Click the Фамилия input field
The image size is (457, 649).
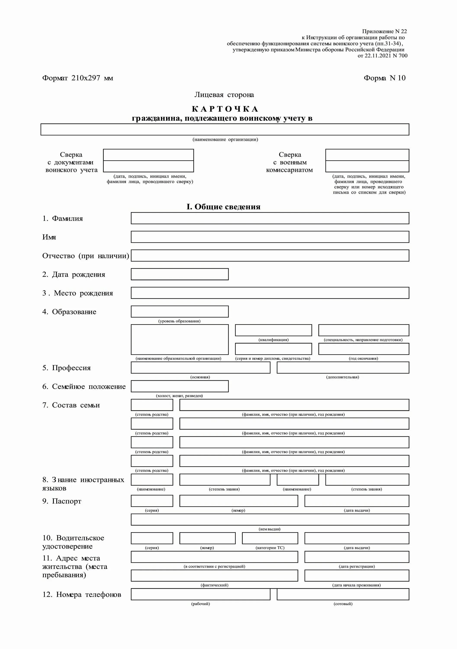pos(270,218)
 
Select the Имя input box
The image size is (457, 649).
pos(270,237)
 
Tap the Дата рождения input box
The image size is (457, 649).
pos(180,274)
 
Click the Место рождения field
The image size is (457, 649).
pos(270,293)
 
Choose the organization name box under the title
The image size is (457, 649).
pos(225,129)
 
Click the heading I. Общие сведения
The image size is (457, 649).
pos(223,207)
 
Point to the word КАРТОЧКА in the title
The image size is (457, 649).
pos(225,109)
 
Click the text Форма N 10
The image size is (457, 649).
pos(384,78)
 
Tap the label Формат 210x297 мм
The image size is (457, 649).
pos(78,78)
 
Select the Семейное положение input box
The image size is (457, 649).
pos(180,386)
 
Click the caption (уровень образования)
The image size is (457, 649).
pos(179,321)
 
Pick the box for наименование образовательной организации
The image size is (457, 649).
pos(180,339)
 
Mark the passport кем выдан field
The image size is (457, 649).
pos(270,520)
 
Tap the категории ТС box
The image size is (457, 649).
pos(270,538)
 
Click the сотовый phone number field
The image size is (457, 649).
pos(343,594)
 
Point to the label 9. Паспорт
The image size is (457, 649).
pos(62,501)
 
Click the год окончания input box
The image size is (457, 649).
pos(364,349)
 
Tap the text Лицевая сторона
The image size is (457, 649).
pos(224,95)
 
